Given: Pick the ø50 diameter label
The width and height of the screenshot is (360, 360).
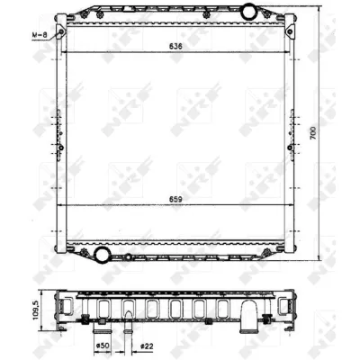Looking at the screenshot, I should point(102,346).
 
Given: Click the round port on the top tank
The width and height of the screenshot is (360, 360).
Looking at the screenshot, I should point(248,13).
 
